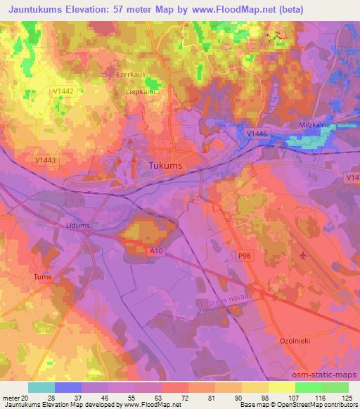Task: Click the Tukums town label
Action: [165, 166]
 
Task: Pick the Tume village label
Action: [43, 277]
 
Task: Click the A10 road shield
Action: [156, 249]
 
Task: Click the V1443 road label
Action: [44, 160]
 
